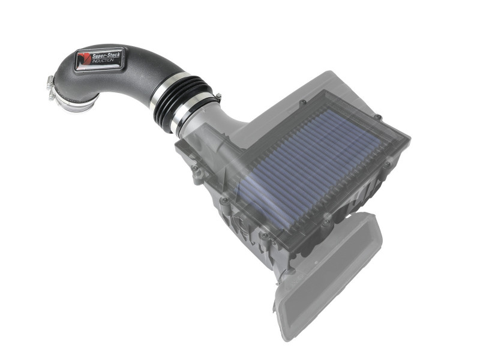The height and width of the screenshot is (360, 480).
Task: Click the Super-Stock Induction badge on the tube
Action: coord(99,60)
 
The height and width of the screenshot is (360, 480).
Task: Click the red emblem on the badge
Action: coord(83,59)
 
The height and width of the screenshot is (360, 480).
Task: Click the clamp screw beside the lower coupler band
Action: coord(217,96)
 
